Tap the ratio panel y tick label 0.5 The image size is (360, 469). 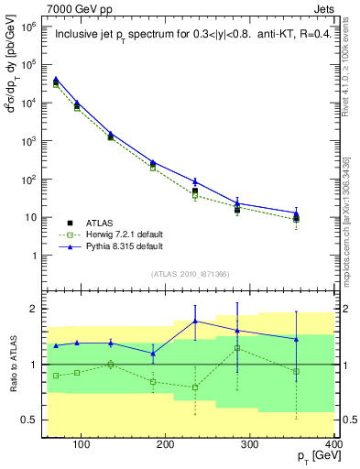[29, 420]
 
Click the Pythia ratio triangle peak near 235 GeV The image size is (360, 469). [195, 322]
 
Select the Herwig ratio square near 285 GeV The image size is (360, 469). [237, 348]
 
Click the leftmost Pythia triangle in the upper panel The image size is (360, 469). [57, 80]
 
